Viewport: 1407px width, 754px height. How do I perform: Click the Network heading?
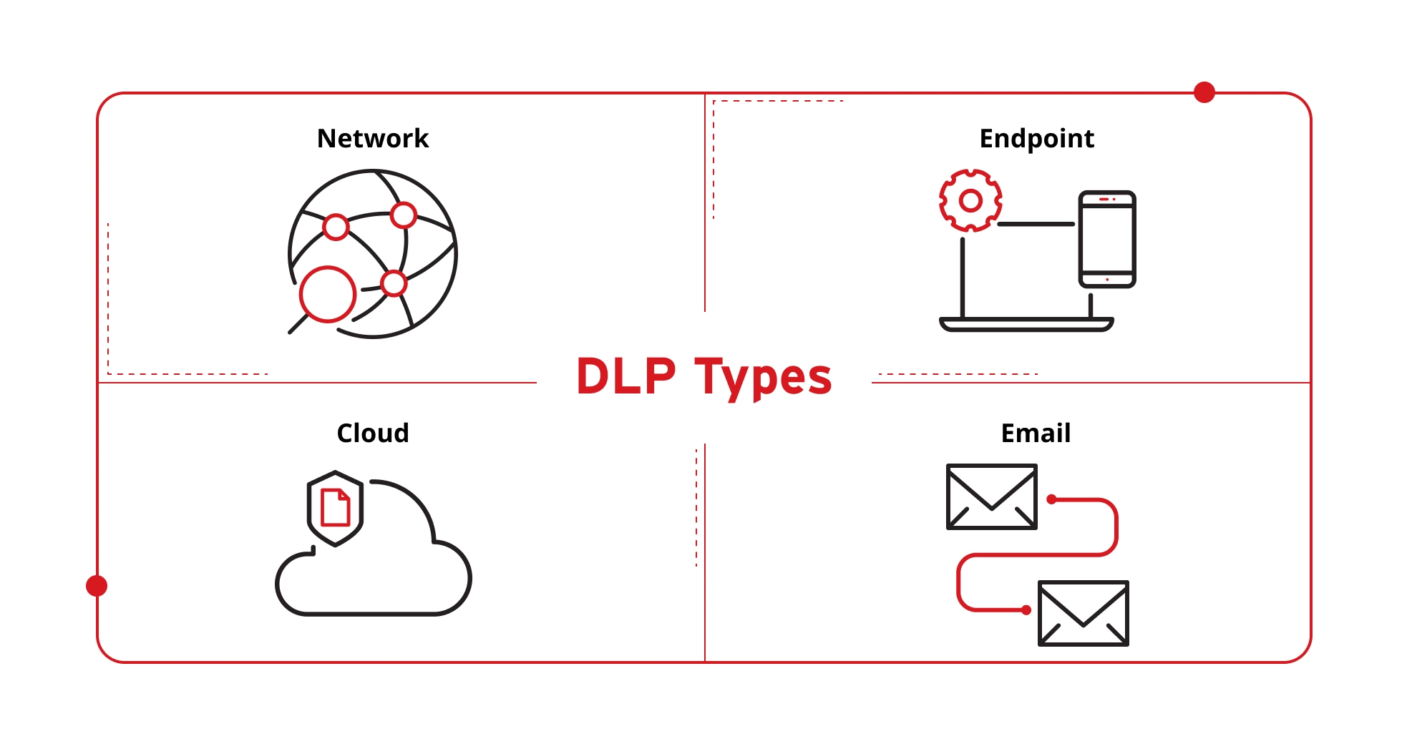pos(373,138)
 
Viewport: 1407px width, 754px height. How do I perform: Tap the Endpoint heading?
pos(1036,139)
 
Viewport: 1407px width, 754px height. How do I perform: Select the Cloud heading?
pos(373,433)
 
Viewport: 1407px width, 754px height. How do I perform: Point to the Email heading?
pos(1036,433)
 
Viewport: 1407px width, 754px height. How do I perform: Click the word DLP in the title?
pos(626,376)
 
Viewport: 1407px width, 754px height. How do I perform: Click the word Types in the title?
pos(763,378)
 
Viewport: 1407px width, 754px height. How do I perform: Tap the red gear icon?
pos(970,200)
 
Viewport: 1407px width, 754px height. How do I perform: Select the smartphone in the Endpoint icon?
pos(1107,239)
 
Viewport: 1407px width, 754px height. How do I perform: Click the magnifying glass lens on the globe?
pos(328,294)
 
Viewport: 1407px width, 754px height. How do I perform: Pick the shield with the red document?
pos(335,508)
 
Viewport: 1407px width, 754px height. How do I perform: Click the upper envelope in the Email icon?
pos(991,496)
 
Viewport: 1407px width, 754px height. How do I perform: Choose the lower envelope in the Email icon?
pos(1083,613)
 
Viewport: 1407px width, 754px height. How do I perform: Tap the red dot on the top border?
pos(1204,92)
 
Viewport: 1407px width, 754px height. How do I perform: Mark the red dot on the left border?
pos(97,586)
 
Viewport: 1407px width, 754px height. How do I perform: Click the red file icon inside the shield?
pos(335,507)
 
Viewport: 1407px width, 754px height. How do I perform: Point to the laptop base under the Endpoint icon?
pos(1026,325)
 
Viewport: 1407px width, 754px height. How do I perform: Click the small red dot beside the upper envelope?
pos(1051,499)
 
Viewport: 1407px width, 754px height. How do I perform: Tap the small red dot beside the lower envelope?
pos(1026,610)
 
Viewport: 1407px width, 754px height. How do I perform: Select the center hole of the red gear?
pos(970,201)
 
